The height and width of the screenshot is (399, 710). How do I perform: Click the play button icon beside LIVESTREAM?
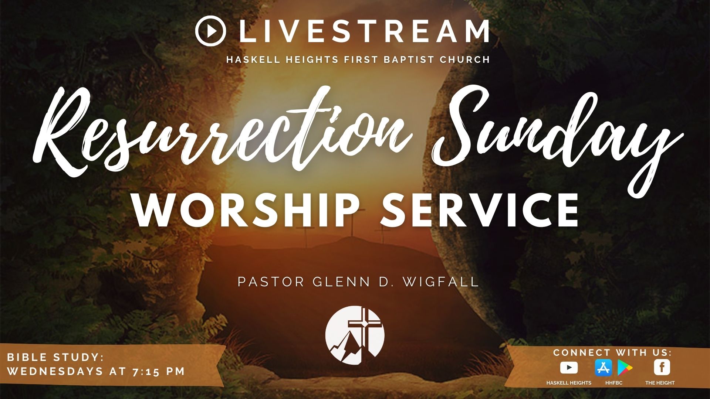[210, 31]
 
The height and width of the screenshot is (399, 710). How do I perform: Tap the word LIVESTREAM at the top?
[364, 31]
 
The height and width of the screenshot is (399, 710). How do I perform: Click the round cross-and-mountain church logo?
[355, 335]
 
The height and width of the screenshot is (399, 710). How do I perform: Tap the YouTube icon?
[569, 368]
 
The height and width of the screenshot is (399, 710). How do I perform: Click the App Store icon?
[603, 368]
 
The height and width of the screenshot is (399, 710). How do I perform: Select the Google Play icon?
[625, 368]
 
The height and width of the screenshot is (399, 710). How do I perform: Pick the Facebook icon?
[662, 368]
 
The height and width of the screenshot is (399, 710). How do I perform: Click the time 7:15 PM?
[159, 371]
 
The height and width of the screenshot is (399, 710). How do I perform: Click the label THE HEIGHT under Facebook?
[660, 383]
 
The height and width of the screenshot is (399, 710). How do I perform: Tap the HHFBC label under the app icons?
[614, 383]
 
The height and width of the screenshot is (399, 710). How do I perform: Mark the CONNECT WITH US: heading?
[612, 352]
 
